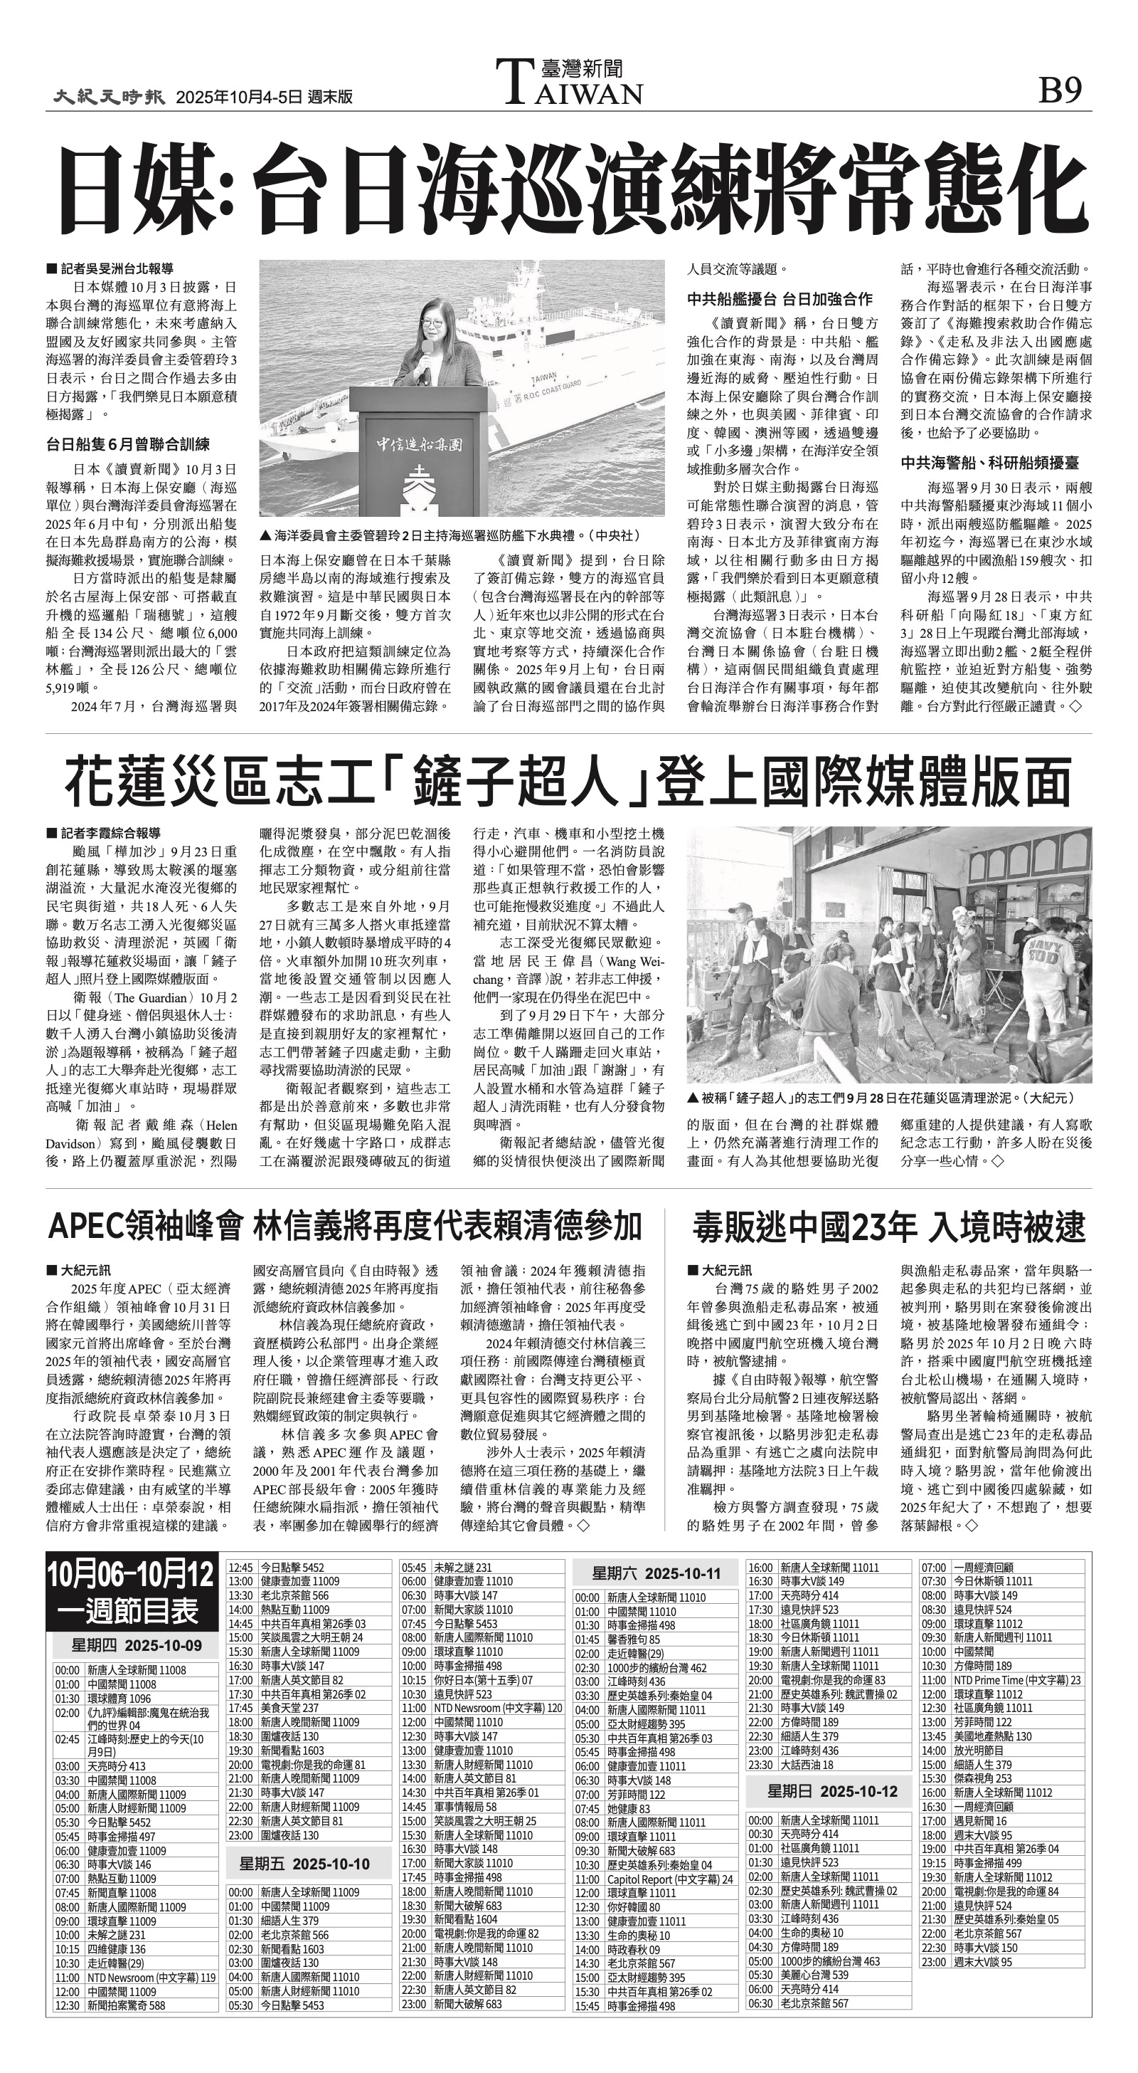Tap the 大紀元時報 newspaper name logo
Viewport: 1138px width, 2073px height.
click(110, 97)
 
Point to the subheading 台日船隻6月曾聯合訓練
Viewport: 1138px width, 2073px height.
click(128, 444)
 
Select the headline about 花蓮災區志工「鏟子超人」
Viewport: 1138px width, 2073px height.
click(568, 782)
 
